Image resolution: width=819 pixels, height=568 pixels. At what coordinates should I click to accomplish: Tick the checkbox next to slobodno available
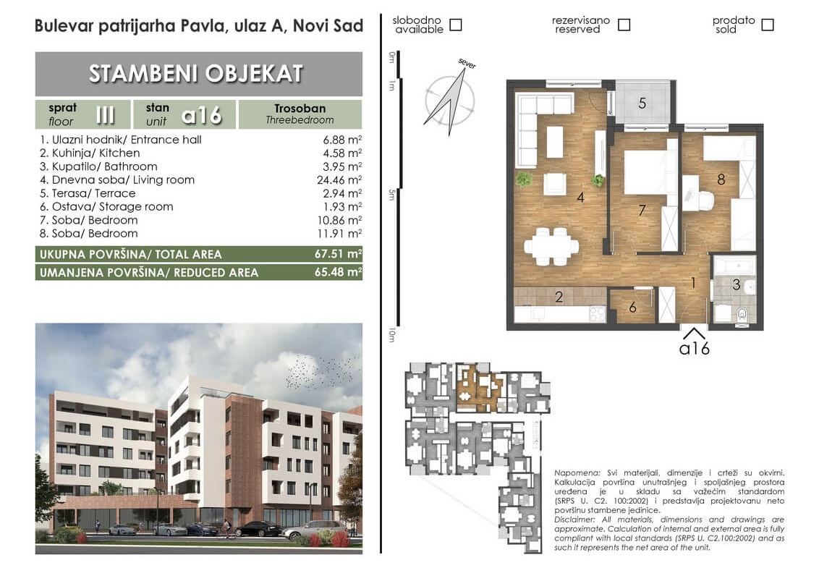click(x=456, y=25)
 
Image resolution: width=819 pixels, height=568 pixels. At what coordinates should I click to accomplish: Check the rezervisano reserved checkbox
click(x=624, y=25)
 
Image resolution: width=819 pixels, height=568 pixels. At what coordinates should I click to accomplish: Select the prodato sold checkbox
click(x=768, y=25)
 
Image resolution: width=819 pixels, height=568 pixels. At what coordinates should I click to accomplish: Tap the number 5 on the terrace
click(x=642, y=103)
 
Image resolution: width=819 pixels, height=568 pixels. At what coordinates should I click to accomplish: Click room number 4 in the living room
click(x=580, y=198)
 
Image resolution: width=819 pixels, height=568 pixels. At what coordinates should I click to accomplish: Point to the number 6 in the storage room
click(x=632, y=308)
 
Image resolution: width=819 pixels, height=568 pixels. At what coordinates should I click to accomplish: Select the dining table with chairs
click(x=551, y=245)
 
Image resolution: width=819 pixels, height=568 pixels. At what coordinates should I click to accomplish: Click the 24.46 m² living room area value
click(x=339, y=179)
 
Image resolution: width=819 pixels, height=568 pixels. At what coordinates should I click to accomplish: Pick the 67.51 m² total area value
click(x=338, y=254)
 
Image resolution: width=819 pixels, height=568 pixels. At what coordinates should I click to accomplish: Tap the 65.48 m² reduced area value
click(x=338, y=272)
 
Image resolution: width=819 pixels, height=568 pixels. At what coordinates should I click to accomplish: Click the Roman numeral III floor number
click(x=105, y=114)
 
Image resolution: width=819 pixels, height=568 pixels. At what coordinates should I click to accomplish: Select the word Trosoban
click(x=300, y=108)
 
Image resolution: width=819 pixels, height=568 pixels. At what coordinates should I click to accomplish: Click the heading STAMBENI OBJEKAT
click(x=196, y=74)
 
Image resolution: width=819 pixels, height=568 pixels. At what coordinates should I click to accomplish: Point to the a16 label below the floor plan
click(x=694, y=348)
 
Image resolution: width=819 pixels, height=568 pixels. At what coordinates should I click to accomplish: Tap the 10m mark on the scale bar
click(x=391, y=335)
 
